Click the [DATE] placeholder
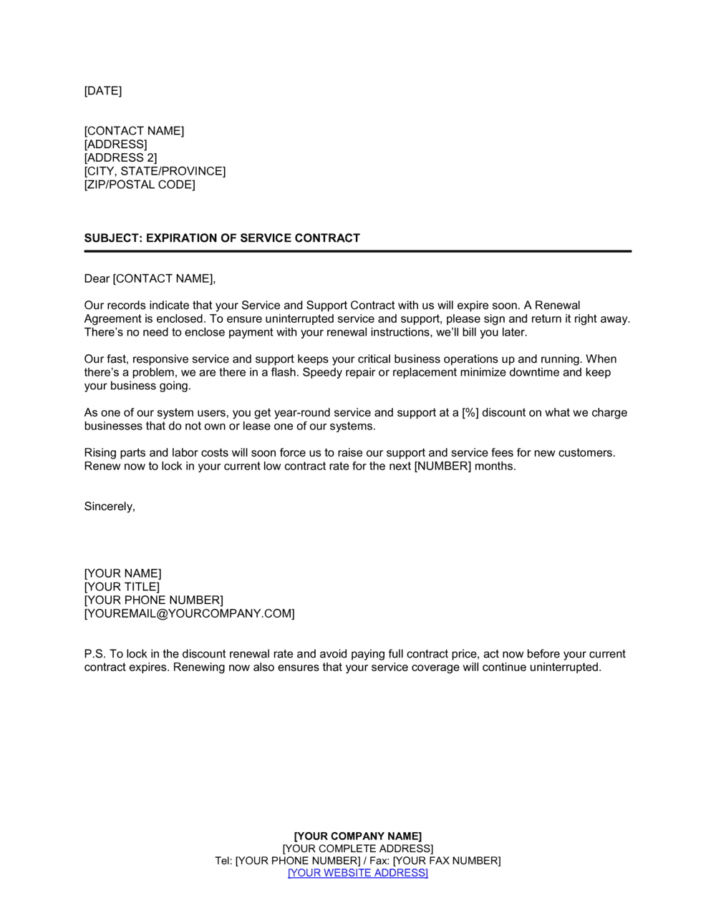(103, 91)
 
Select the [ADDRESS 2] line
(120, 158)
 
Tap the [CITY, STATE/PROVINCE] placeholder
(155, 172)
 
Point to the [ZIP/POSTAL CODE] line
(140, 185)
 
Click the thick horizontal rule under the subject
(358, 251)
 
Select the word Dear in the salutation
(97, 278)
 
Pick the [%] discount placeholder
(470, 413)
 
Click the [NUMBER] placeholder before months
(443, 467)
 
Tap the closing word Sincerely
(109, 507)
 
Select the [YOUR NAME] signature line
(122, 574)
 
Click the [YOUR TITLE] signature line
(122, 587)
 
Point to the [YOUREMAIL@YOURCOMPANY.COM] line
(189, 614)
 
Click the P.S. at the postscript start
(95, 654)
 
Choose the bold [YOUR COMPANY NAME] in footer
(358, 836)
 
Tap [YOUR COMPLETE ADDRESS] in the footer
(358, 849)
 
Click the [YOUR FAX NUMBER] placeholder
(447, 861)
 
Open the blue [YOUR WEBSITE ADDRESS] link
(358, 873)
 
